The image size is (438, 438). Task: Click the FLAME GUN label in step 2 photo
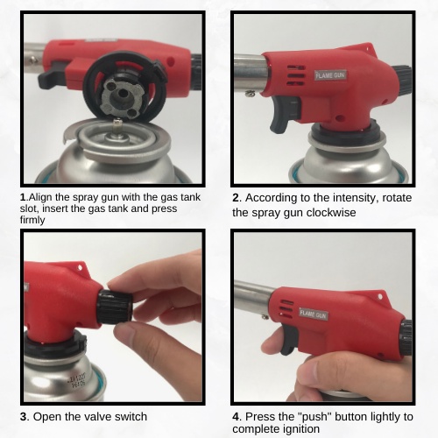[330, 75]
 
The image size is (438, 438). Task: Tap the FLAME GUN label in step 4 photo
[314, 314]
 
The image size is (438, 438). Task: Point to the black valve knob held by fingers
[115, 307]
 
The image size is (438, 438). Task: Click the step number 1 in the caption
[23, 197]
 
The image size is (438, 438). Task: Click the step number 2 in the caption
[236, 198]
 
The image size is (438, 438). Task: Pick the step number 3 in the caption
[24, 417]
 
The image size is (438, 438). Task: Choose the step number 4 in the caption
[236, 417]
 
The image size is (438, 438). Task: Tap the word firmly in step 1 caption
[32, 220]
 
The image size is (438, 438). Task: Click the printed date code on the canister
[76, 382]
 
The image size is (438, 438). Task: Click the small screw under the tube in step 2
[249, 94]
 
